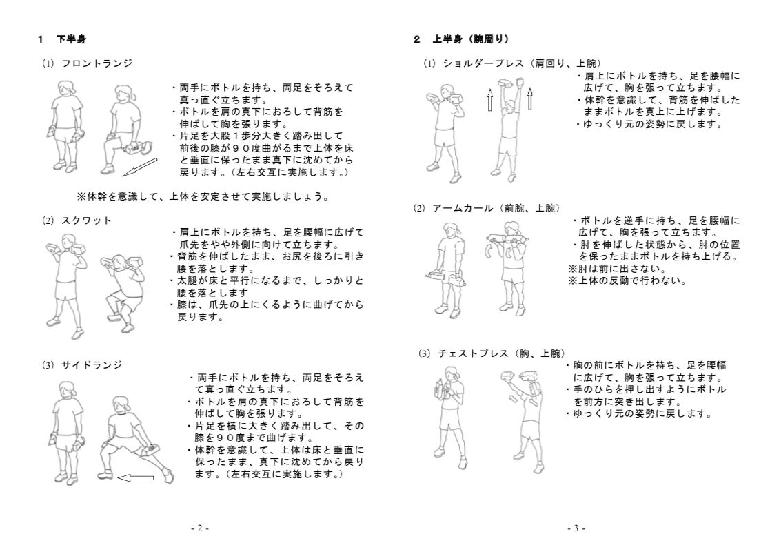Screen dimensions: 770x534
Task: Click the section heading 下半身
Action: pyautogui.click(x=71, y=39)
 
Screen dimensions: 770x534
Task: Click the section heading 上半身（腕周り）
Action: pyautogui.click(x=471, y=39)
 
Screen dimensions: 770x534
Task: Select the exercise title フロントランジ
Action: pyautogui.click(x=97, y=63)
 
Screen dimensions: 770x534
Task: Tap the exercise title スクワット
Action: pyautogui.click(x=86, y=220)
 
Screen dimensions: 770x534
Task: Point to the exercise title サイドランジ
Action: pyautogui.click(x=92, y=365)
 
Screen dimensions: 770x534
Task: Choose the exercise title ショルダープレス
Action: pyautogui.click(x=483, y=63)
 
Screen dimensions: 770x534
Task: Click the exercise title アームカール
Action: pyautogui.click(x=463, y=208)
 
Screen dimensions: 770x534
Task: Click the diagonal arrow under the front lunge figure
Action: pyautogui.click(x=139, y=166)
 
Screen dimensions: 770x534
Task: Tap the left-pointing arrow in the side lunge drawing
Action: pyautogui.click(x=136, y=477)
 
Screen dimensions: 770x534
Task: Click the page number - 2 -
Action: pyautogui.click(x=200, y=528)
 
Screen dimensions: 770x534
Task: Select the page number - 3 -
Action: pyautogui.click(x=576, y=528)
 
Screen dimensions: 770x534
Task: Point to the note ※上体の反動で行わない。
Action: pyautogui.click(x=627, y=280)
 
